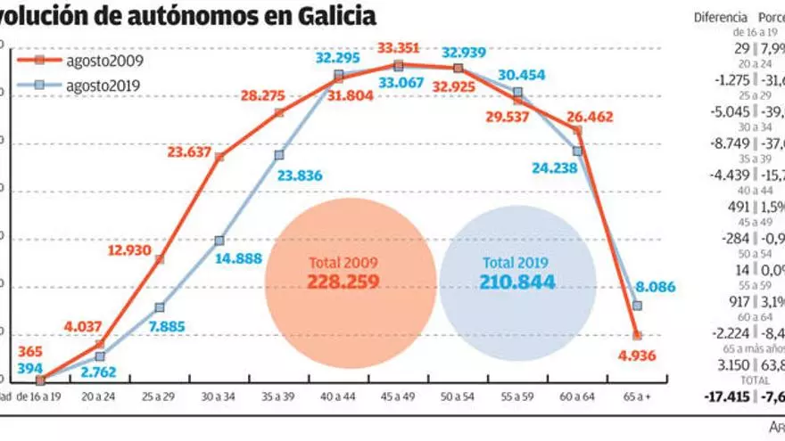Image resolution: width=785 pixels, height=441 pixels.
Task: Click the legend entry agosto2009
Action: click(x=104, y=61)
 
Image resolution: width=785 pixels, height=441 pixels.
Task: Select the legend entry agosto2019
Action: click(x=104, y=86)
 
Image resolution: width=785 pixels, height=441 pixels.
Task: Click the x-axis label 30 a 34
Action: click(x=219, y=397)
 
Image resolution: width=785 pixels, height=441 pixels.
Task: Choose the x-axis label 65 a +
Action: click(x=636, y=397)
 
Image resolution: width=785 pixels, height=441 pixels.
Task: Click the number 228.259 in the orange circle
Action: click(x=343, y=282)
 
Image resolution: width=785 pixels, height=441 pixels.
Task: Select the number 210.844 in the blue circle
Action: click(x=518, y=282)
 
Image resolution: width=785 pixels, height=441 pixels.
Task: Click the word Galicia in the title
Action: click(x=332, y=15)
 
